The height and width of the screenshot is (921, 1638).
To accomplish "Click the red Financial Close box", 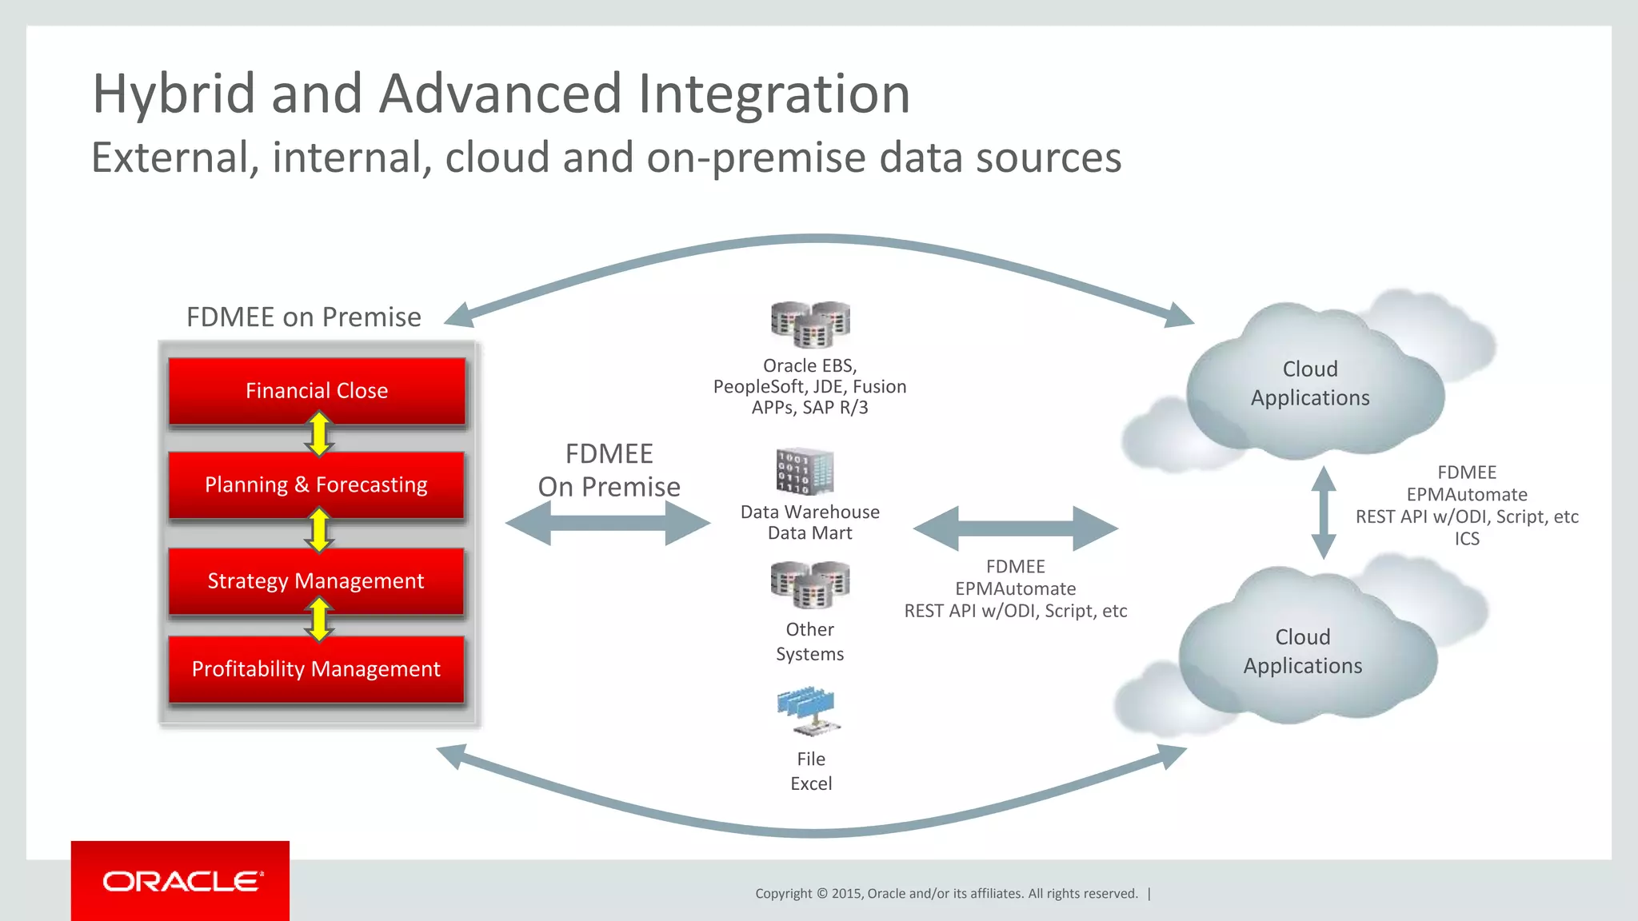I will click(317, 391).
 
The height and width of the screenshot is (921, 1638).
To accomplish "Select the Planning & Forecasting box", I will click(317, 485).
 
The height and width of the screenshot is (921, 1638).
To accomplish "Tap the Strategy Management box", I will click(317, 581).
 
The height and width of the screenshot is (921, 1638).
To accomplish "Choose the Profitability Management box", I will click(317, 669).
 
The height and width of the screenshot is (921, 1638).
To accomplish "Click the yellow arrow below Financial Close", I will click(319, 434).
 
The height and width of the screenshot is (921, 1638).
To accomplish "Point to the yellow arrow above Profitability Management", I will click(319, 620).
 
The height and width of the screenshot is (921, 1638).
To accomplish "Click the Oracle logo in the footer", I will click(181, 881).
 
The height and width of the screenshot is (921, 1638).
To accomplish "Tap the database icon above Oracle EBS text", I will click(810, 325).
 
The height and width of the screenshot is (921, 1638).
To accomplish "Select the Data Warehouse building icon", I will click(805, 472).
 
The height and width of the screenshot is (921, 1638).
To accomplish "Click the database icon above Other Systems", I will click(810, 585).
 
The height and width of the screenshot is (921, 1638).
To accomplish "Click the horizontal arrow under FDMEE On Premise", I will click(608, 524).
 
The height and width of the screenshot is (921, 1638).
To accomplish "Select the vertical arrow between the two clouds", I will click(1324, 512).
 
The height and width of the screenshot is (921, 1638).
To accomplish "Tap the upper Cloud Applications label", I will click(1310, 384).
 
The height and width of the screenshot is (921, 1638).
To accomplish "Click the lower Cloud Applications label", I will click(1303, 652).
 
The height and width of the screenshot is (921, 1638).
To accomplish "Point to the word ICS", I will click(1467, 539).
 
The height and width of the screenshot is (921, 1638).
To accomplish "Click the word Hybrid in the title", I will click(174, 94).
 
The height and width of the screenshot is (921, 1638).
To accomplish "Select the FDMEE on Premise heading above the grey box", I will click(303, 317).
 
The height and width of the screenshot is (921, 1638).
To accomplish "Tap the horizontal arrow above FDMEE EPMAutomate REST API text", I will click(1016, 528).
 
